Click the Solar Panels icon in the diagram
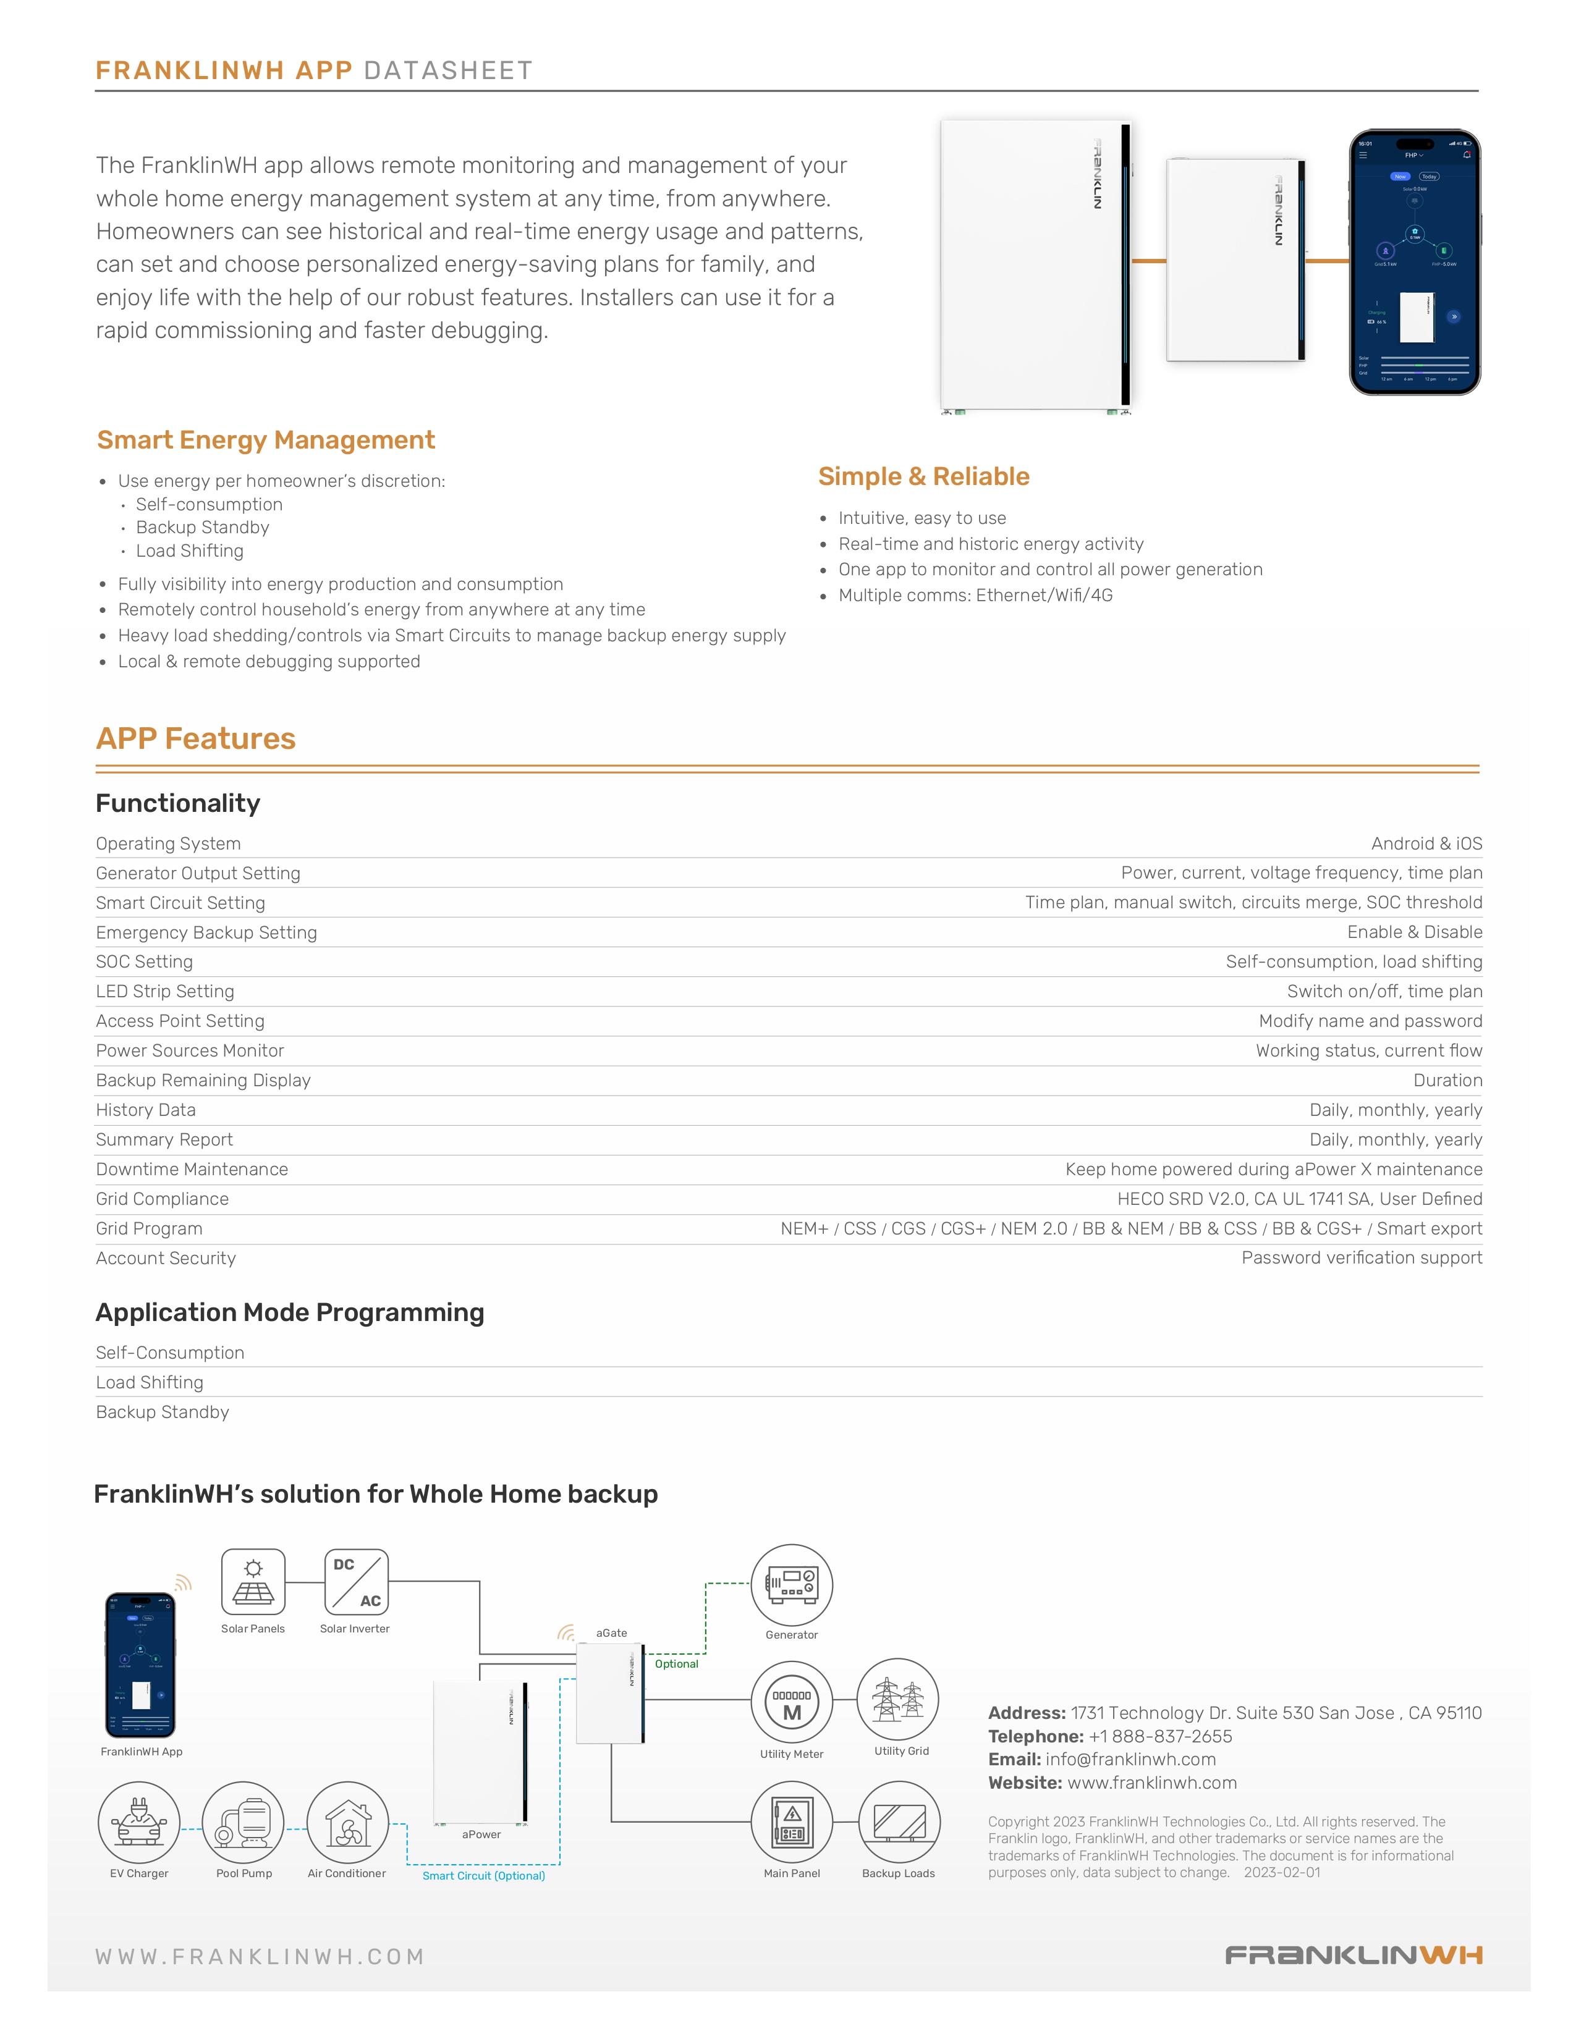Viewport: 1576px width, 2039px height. coord(253,1582)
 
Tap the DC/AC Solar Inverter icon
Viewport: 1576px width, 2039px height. coord(356,1582)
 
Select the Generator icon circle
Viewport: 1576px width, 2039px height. coord(792,1584)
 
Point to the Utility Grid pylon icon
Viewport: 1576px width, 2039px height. coord(898,1699)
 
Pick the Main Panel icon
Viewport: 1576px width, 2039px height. coord(792,1822)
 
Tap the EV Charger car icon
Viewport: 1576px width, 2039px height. coord(139,1822)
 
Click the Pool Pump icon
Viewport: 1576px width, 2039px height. coord(244,1822)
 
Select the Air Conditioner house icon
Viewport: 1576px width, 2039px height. coord(347,1822)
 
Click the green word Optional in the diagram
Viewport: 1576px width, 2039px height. coord(677,1664)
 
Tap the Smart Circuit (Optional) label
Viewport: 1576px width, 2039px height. coord(484,1876)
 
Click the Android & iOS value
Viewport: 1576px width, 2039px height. coord(1426,843)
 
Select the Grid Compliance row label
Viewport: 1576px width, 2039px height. coord(163,1199)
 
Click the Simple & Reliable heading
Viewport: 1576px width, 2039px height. coord(923,476)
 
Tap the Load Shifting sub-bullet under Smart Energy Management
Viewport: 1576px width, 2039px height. coord(190,551)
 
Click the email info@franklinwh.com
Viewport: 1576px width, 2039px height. coord(1130,1759)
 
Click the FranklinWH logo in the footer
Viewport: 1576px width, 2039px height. coord(1353,1955)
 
